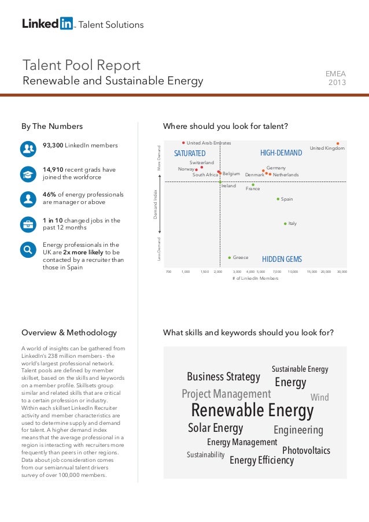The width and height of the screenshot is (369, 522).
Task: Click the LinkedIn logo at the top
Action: tap(48, 24)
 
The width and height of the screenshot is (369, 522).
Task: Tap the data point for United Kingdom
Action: tap(338, 143)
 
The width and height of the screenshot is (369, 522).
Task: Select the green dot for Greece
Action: tap(230, 257)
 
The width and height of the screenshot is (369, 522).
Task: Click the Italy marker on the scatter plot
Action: tap(285, 223)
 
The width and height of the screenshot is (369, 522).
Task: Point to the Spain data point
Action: tap(278, 199)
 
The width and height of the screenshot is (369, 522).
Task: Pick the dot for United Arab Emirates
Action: tap(183, 142)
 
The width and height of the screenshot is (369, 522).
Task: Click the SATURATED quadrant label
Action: tap(190, 153)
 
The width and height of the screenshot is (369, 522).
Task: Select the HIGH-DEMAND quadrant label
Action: tap(281, 153)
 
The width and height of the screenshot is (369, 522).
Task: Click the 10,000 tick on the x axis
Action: tap(293, 271)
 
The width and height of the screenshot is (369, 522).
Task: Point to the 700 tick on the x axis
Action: tap(168, 271)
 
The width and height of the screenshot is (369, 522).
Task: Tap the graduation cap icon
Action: tap(28, 173)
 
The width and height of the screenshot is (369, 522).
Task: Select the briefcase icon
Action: tap(28, 224)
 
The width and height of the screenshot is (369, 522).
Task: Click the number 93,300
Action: tap(53, 145)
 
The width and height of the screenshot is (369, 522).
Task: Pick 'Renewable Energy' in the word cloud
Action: tap(252, 410)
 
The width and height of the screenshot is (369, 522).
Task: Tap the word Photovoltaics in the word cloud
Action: tap(306, 450)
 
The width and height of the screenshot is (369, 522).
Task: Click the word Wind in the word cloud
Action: tap(319, 398)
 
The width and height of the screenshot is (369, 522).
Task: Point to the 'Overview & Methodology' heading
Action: tap(69, 332)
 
